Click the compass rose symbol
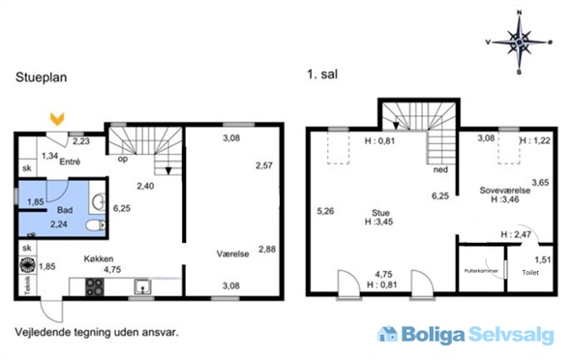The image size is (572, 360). (521, 42)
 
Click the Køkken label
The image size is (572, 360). (101, 258)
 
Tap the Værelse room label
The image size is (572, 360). (232, 253)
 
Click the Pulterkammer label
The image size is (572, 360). (481, 271)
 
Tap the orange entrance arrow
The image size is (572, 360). (57, 120)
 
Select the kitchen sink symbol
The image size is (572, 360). (141, 286)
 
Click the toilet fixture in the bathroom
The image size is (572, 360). (92, 225)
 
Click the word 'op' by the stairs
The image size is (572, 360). (123, 159)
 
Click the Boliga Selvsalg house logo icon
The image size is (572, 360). (388, 335)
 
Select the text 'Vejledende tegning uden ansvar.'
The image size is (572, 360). (97, 331)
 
